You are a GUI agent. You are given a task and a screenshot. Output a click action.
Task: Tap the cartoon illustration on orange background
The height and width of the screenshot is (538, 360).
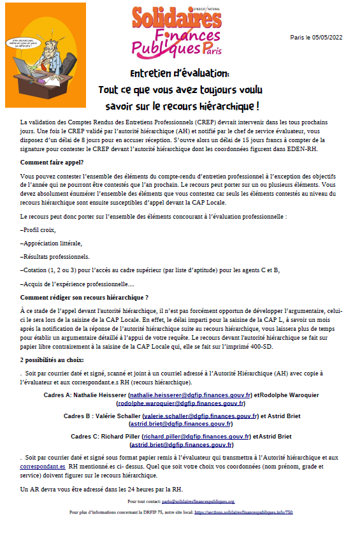click(45, 55)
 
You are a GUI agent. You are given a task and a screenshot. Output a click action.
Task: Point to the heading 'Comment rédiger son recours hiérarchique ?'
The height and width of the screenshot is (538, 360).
click(84, 297)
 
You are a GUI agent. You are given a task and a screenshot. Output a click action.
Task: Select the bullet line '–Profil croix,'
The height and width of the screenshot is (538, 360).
click(38, 229)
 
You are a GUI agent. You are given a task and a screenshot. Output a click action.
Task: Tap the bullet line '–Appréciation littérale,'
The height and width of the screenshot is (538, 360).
click(51, 243)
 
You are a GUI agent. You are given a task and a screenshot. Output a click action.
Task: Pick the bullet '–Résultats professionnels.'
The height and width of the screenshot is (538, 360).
click(55, 256)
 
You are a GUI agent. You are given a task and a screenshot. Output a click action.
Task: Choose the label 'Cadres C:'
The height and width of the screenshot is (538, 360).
click(82, 437)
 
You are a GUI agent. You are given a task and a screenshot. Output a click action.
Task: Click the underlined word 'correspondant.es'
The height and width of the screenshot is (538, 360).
click(43, 466)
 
